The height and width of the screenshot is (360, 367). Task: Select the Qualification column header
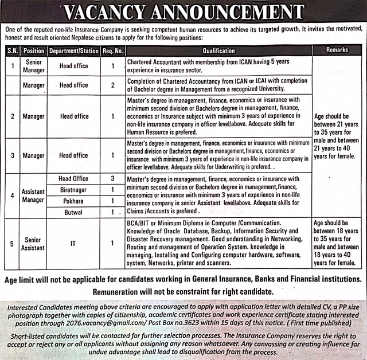(x=218, y=50)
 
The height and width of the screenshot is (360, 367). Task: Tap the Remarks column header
(x=337, y=50)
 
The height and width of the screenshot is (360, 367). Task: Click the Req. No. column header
(x=112, y=50)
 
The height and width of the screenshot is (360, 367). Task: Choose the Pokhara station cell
(x=73, y=201)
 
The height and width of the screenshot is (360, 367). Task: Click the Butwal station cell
(x=73, y=212)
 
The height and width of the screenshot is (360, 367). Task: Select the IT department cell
(x=73, y=243)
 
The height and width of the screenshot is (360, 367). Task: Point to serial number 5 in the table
(x=10, y=243)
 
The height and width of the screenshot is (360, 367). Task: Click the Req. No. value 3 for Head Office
(x=112, y=179)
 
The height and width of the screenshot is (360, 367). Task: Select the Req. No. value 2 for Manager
(x=112, y=85)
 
